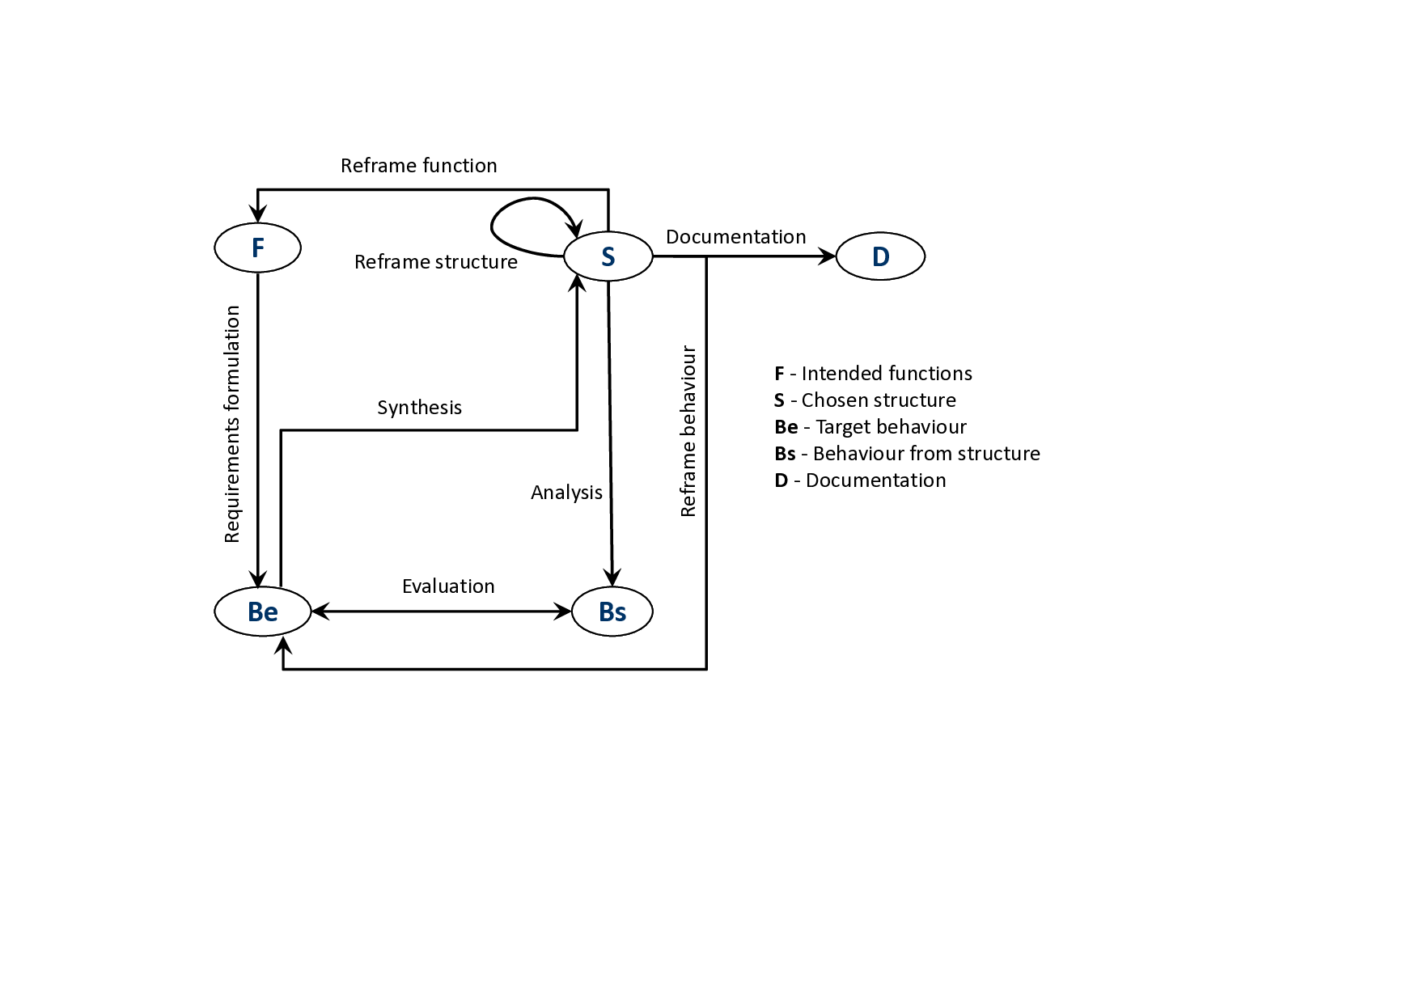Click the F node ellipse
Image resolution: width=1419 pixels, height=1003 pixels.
pyautogui.click(x=257, y=248)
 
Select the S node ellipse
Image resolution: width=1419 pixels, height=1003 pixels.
pyautogui.click(x=608, y=256)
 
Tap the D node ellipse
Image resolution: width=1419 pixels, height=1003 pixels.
pyautogui.click(x=880, y=256)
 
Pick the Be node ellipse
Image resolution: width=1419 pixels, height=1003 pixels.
pyautogui.click(x=263, y=612)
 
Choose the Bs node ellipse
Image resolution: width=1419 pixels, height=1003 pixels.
pyautogui.click(x=612, y=612)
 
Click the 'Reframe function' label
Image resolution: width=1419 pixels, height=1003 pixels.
pyautogui.click(x=418, y=166)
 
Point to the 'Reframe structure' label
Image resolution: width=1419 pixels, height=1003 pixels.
pyautogui.click(x=435, y=262)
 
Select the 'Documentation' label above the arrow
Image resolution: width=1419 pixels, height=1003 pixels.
pyautogui.click(x=735, y=237)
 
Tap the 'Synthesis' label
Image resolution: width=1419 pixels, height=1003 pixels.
pyautogui.click(x=419, y=408)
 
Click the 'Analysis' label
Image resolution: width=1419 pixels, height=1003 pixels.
pyautogui.click(x=566, y=493)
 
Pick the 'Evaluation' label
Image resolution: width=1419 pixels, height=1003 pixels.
pyautogui.click(x=448, y=586)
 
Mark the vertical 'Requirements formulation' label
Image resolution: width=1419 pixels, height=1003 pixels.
pyautogui.click(x=232, y=424)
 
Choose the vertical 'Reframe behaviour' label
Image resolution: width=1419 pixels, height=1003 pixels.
pyautogui.click(x=688, y=431)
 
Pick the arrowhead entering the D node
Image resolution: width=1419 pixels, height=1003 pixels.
pyautogui.click(x=827, y=256)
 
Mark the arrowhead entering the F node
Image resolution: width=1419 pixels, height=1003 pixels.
pyautogui.click(x=257, y=214)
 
